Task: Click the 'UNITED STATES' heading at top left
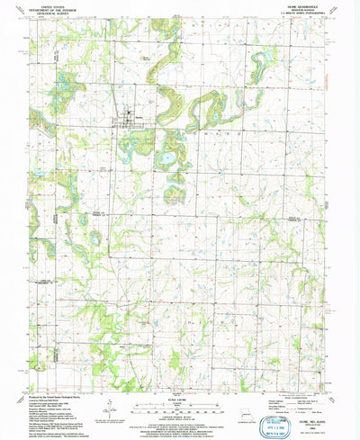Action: [x=52, y=4]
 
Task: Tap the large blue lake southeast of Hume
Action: [x=166, y=160]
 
